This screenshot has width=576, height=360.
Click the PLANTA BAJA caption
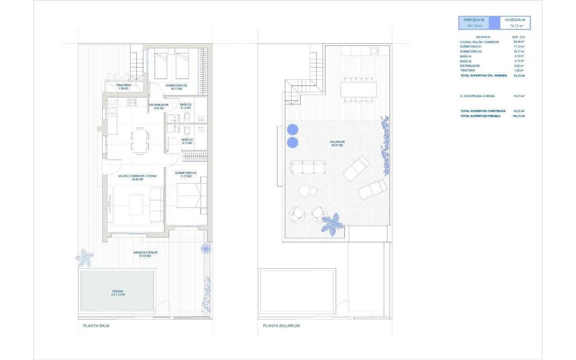point(96,326)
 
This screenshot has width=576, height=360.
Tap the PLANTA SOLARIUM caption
point(281,326)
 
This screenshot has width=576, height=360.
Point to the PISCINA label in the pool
point(118,293)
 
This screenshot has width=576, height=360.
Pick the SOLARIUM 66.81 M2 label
point(337,144)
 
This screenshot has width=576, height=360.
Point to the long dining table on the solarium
point(359,90)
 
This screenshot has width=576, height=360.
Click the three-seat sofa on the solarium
point(308,167)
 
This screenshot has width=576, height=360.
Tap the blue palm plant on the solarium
point(332,223)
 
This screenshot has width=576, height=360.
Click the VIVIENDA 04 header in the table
point(516,20)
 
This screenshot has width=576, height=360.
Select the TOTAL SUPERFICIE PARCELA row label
point(480,116)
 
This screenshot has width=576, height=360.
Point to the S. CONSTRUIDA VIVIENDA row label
point(477,96)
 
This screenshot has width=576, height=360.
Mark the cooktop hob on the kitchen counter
point(131,102)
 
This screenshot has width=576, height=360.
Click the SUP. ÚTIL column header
point(519,37)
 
